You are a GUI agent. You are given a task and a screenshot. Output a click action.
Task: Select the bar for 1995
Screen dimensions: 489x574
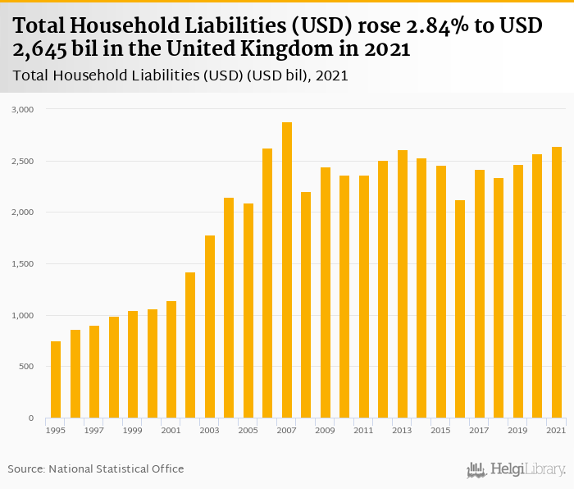56,380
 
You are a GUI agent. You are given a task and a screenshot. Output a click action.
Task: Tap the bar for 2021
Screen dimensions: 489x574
557,282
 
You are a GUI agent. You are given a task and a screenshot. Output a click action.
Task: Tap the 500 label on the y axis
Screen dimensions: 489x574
26,367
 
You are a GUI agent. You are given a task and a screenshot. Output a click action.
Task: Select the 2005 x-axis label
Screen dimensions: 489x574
248,430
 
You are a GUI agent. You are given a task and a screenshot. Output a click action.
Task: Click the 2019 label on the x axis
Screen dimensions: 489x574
517,430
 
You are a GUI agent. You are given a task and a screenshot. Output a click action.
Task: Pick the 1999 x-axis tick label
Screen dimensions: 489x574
133,430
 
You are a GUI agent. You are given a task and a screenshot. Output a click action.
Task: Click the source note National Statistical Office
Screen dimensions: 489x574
116,468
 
